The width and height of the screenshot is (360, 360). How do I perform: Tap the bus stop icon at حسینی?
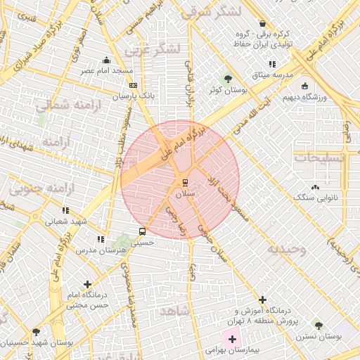coord(143,231)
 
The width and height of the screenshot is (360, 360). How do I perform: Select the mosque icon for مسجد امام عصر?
coord(106,60)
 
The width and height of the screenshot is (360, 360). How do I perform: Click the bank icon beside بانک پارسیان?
coord(133,86)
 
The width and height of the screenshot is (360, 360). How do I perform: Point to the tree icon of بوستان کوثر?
coord(227,79)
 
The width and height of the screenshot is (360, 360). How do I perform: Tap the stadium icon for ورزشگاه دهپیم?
coord(304,86)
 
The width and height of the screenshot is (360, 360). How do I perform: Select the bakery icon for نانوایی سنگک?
coord(314,187)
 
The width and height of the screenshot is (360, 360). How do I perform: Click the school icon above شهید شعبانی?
coord(65,210)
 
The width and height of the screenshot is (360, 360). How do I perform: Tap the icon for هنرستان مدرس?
coord(101,239)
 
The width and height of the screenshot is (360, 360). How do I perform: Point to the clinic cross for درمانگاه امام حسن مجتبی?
coord(87,285)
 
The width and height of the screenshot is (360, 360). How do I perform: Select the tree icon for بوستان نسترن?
coord(319,326)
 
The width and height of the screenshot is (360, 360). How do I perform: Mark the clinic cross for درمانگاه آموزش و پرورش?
coord(263,300)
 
